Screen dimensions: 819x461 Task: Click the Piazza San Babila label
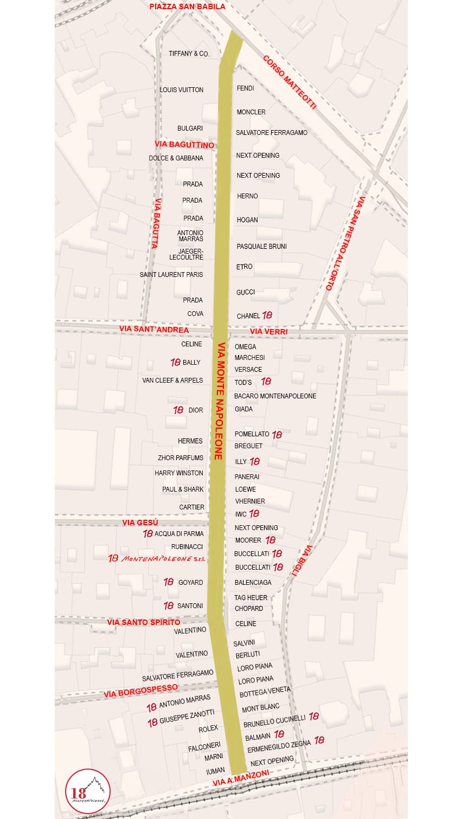tap(187, 7)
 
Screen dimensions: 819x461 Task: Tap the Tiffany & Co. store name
tap(189, 54)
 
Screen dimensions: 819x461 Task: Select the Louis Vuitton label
tap(182, 90)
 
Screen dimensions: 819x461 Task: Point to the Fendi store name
tap(245, 88)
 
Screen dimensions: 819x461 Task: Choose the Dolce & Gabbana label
tap(176, 158)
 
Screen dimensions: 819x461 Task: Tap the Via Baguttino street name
tap(184, 145)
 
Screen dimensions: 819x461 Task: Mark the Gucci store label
tap(245, 292)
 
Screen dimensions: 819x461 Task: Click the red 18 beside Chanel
tap(267, 315)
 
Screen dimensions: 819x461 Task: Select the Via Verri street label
tap(268, 331)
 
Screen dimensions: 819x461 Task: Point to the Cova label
tap(195, 314)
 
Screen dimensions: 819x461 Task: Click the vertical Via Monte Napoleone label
tap(220, 401)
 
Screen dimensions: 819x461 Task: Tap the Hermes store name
tap(190, 441)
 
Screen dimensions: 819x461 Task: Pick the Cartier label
tap(192, 507)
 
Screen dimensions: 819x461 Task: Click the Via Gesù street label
tap(140, 523)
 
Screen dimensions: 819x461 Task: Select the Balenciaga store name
tap(253, 583)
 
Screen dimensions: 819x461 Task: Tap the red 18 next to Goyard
tap(169, 582)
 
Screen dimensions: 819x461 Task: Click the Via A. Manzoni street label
tap(241, 778)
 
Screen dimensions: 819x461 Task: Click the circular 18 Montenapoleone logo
tap(88, 791)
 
